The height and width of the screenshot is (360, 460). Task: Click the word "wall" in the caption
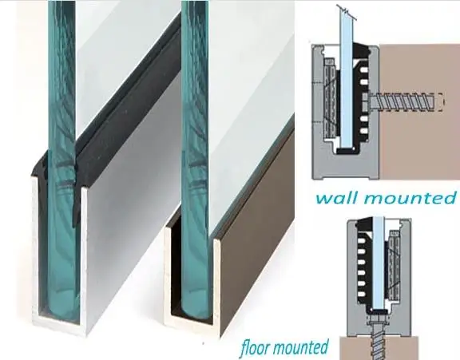[335, 198]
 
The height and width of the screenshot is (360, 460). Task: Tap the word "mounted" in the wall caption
[409, 198]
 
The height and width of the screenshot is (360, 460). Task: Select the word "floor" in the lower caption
[255, 348]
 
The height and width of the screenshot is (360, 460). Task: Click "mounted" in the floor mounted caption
[301, 347]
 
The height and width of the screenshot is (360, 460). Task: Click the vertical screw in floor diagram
[379, 337]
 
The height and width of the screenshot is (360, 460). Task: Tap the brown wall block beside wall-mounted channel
[419, 112]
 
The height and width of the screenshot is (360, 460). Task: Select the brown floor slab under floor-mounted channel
[379, 348]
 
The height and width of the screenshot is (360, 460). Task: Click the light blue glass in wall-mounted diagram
[347, 79]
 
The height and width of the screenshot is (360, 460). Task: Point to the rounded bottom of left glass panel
[62, 305]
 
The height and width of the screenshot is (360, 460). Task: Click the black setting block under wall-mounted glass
[347, 151]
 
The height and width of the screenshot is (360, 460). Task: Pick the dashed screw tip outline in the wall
[440, 102]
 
